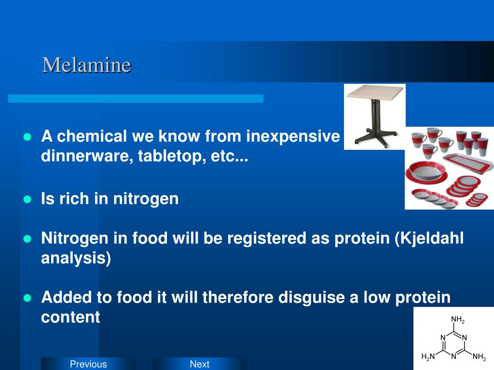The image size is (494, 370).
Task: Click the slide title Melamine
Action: pos(86,65)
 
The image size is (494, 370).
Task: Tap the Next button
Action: pos(199,364)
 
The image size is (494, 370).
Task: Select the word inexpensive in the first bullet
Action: pos(293,136)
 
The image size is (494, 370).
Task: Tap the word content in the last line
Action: pos(70,317)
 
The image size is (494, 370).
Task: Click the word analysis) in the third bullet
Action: pos(76,258)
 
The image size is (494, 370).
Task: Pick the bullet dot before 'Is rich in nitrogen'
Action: pos(27,199)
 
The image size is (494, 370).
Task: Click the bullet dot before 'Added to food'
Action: pos(27,298)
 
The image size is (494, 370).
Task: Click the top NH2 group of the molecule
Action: pos(457,320)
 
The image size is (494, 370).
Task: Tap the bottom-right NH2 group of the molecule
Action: pos(479,357)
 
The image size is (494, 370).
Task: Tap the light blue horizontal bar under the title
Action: pos(136,99)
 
